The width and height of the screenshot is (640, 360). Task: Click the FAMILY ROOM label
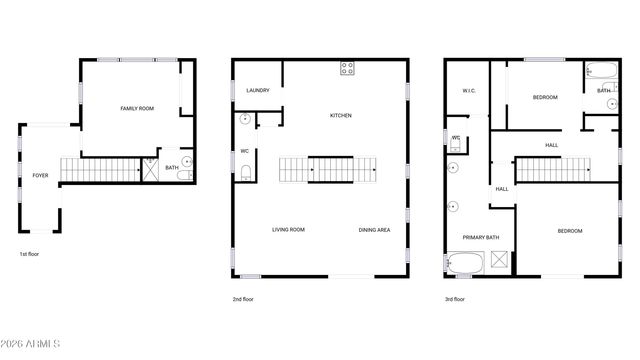[137, 108]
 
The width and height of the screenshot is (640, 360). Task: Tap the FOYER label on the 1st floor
[40, 175]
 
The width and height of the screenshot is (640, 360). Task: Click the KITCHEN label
[341, 116]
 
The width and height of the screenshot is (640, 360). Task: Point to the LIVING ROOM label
[288, 230]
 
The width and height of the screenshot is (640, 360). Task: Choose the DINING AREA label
[374, 230]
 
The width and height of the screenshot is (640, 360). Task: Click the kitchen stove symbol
[348, 68]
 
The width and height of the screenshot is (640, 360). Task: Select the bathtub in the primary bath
[465, 265]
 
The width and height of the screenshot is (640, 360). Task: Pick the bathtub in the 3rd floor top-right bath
[602, 72]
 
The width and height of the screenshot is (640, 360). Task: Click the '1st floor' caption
[29, 255]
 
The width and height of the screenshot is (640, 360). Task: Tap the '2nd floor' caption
[243, 299]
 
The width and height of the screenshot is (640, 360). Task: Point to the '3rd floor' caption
[455, 299]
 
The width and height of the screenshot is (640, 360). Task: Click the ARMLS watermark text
[31, 346]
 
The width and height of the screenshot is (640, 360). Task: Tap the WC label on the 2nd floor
[245, 151]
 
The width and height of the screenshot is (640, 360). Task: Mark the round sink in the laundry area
[246, 119]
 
